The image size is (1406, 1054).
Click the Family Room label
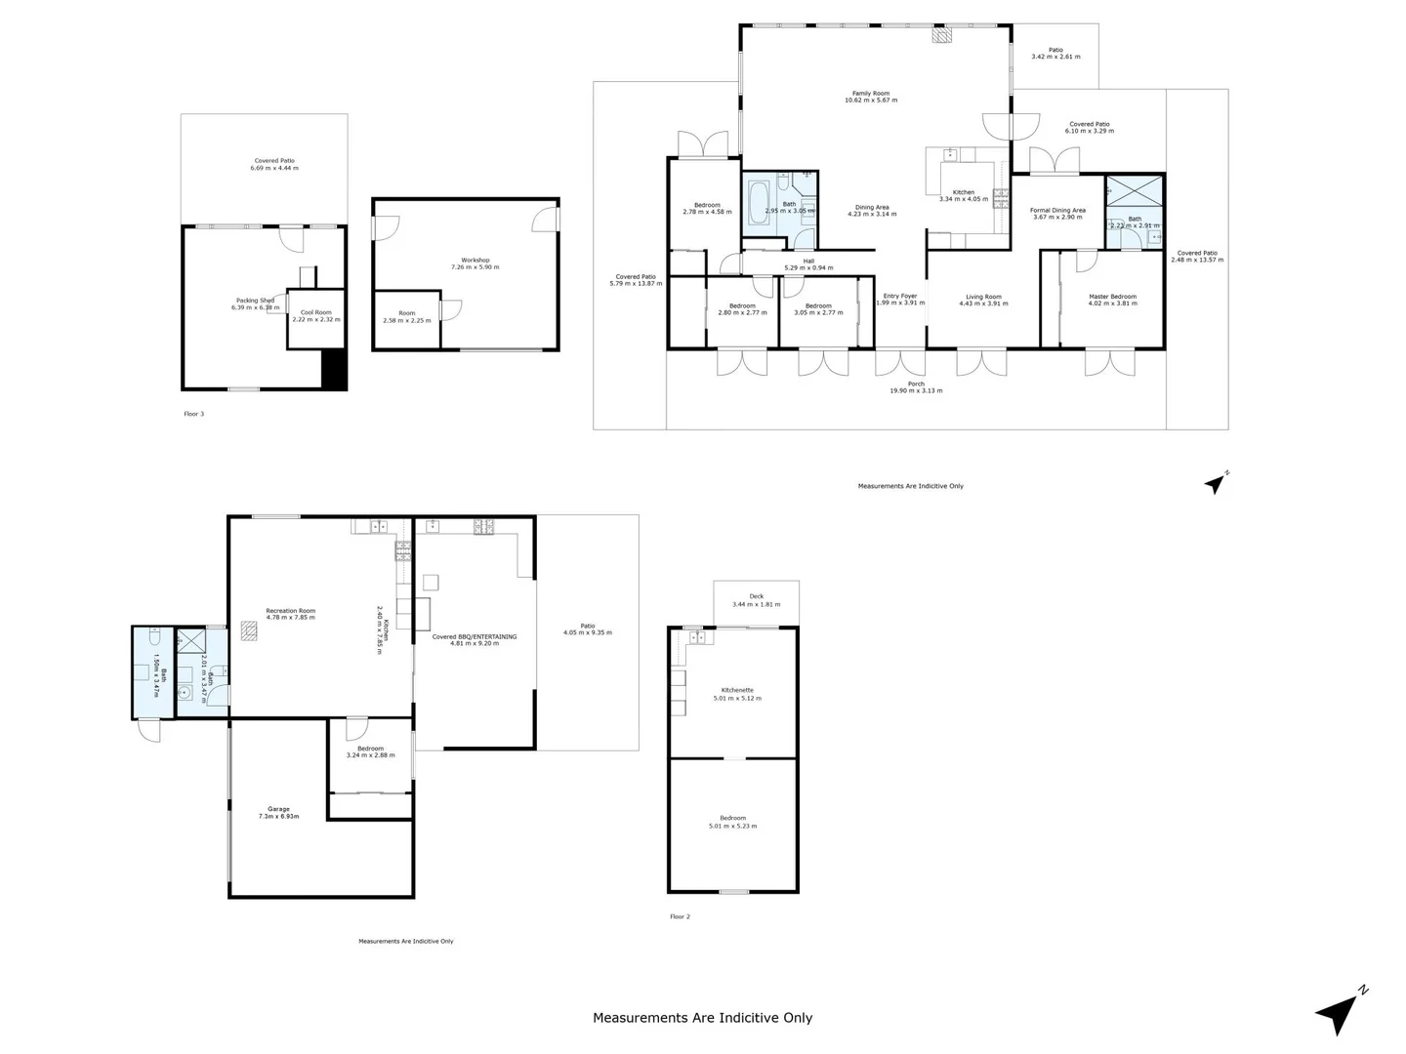[870, 94]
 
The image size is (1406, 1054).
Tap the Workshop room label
[476, 260]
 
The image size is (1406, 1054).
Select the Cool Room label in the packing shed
[315, 313]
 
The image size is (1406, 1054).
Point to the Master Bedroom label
[1112, 297]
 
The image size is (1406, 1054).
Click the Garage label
[278, 809]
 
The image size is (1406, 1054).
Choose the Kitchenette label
[737, 690]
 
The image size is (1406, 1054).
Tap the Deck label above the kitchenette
[757, 596]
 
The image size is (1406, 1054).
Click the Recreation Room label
[290, 611]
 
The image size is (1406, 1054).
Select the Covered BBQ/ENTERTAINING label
[475, 637]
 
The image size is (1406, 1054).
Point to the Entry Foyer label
[899, 296]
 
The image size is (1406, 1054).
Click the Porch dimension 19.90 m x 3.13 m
[916, 391]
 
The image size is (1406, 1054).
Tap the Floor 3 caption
[193, 414]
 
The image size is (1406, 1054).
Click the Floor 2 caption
[680, 916]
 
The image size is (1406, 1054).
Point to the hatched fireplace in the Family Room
[941, 35]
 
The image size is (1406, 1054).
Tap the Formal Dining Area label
[1057, 210]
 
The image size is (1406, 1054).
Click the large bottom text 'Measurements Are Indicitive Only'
[702, 1018]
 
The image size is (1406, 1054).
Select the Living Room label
[983, 297]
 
